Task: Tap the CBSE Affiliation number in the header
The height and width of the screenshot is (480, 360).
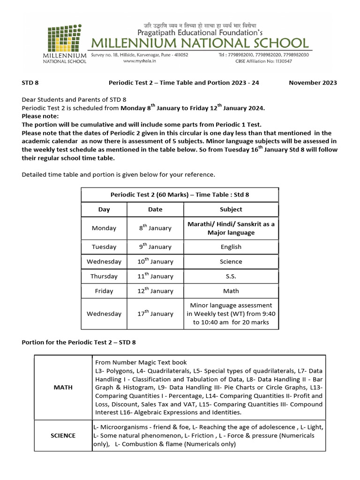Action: tap(262, 61)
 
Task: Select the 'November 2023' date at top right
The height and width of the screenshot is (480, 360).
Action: tap(313, 82)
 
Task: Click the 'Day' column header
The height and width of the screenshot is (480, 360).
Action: tap(104, 210)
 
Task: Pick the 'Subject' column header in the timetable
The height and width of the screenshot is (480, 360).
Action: tap(231, 210)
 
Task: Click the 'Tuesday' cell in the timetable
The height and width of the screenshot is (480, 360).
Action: tap(104, 247)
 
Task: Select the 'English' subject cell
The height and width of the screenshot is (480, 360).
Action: tap(231, 247)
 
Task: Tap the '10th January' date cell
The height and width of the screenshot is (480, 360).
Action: tap(155, 262)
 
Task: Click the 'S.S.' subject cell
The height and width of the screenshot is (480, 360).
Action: tap(231, 276)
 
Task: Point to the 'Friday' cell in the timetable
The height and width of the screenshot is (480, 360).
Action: tap(104, 291)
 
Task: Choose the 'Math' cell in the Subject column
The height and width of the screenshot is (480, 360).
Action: tap(231, 291)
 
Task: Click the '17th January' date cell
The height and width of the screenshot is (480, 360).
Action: tap(155, 314)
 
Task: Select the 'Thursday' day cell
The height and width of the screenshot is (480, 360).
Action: tap(104, 276)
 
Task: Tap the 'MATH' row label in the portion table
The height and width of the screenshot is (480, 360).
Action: tap(63, 387)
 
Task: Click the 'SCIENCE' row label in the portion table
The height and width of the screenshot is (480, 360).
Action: tap(63, 435)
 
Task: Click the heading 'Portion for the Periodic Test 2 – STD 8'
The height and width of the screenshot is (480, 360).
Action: tap(79, 342)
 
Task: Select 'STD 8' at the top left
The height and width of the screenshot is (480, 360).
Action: tap(30, 82)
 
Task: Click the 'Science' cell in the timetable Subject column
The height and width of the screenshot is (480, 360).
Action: tap(231, 262)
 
